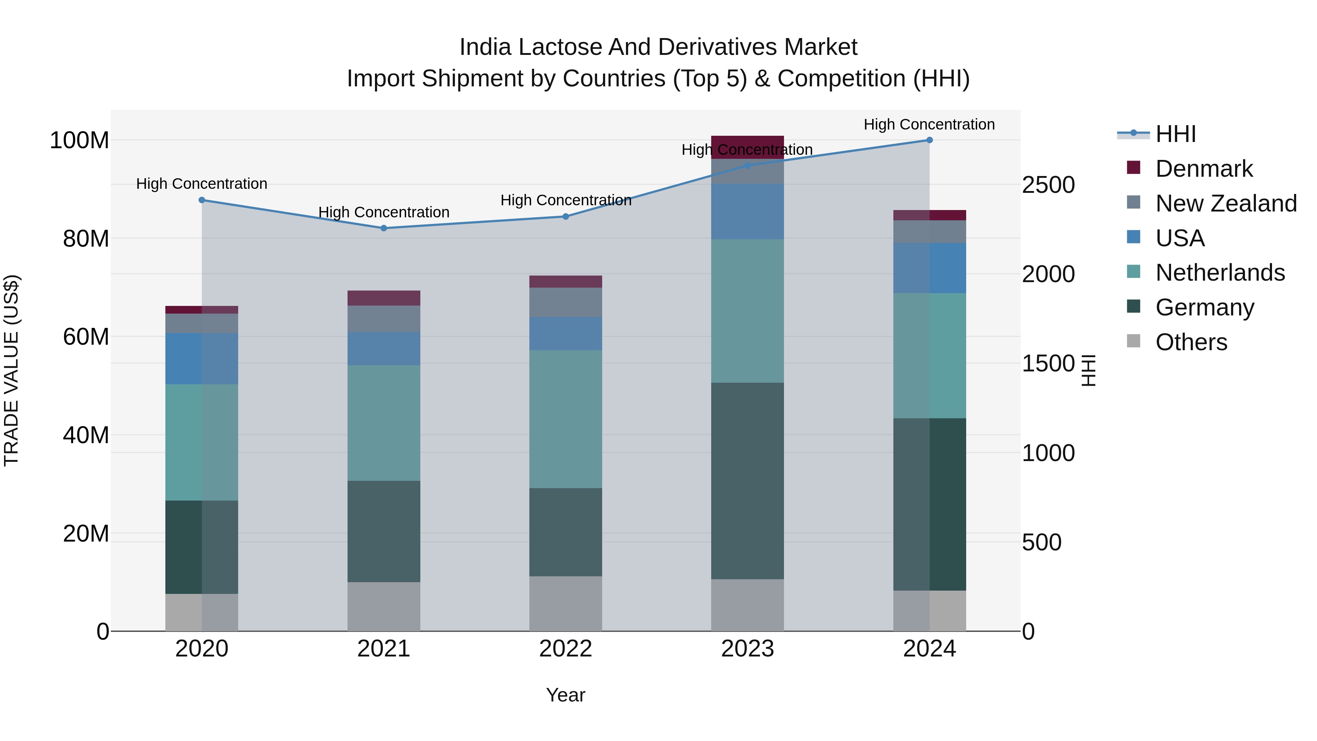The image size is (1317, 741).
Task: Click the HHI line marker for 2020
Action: [202, 200]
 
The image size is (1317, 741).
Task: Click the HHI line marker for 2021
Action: [384, 228]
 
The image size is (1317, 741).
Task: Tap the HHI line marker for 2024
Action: [930, 140]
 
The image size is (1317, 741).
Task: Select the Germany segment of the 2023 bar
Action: [747, 481]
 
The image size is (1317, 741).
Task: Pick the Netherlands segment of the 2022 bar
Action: [566, 419]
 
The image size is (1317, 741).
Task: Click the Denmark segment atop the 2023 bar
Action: [747, 147]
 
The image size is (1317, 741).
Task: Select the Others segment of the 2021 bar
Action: [384, 606]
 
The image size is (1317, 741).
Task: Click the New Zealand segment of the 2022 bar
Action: [566, 302]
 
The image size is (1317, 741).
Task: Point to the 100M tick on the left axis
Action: [79, 140]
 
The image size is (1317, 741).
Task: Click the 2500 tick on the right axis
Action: [1048, 185]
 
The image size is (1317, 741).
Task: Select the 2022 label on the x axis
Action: [566, 649]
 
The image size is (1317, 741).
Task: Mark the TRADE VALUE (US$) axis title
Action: [11, 370]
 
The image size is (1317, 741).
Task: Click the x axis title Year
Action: [566, 695]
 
